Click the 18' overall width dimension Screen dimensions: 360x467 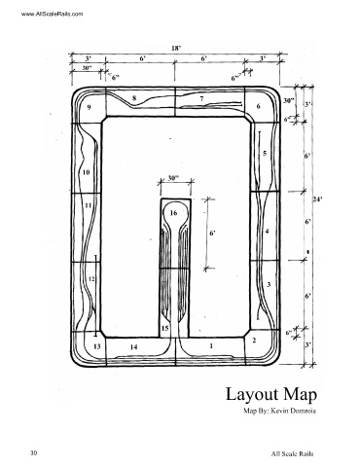(176, 48)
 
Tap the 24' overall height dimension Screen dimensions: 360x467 (317, 199)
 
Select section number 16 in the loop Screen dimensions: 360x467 (173, 213)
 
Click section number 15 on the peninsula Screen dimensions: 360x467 (164, 328)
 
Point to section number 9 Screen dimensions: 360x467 (89, 108)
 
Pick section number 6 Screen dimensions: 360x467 (258, 106)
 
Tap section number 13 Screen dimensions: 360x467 (97, 346)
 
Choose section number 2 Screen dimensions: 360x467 (254, 341)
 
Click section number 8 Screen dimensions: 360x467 (134, 97)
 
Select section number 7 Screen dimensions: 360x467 (201, 98)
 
